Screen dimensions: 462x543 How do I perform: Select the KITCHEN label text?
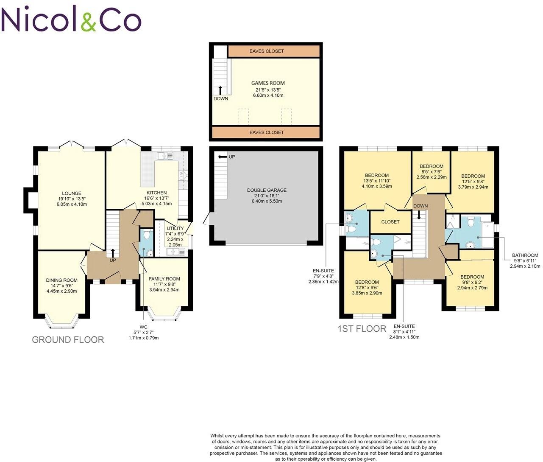(156, 193)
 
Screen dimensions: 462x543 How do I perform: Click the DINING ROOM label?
(61, 280)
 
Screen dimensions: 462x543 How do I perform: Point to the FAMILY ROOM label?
(164, 279)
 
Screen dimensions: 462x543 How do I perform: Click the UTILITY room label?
(175, 229)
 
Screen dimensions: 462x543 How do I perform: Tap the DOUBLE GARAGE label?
(267, 190)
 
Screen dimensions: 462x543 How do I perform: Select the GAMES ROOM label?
(268, 83)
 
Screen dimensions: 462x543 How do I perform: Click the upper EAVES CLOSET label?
(267, 51)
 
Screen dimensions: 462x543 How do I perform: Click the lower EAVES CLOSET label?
(267, 132)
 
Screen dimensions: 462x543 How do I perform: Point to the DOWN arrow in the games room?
(220, 90)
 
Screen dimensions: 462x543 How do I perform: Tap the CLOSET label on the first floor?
(390, 222)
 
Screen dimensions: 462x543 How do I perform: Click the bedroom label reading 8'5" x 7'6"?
(432, 166)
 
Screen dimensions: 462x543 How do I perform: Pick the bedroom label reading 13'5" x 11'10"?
(377, 176)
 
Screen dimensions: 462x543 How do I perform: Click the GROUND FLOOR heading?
(68, 340)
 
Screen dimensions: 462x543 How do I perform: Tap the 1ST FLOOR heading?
(362, 329)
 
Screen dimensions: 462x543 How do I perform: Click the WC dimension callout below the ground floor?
(143, 333)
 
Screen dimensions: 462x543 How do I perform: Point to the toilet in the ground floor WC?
(146, 234)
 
